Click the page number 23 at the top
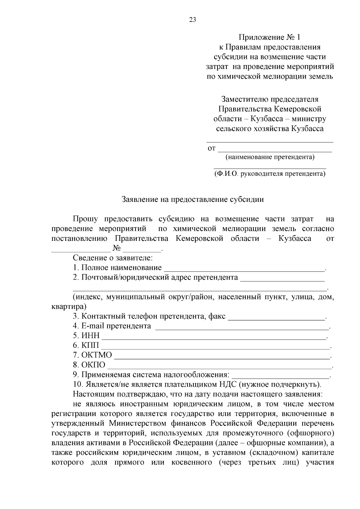pos(193,20)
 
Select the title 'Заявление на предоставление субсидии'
pos(193,199)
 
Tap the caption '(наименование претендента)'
pos(270,157)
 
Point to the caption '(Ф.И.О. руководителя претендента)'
pos(270,174)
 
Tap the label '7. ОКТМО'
pos(92,355)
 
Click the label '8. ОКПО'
pos(89,365)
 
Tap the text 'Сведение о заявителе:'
pos(113,258)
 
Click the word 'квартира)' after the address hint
pos(69,307)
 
